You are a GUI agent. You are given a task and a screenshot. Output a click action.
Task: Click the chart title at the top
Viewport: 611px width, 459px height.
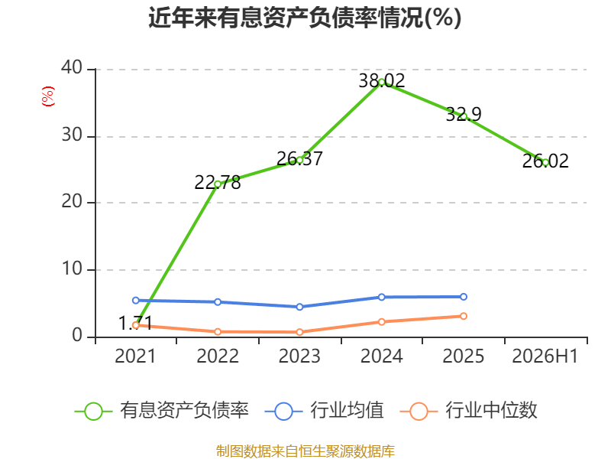coord(305,18)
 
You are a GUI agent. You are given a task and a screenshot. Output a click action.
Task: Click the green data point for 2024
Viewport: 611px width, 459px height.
coord(381,83)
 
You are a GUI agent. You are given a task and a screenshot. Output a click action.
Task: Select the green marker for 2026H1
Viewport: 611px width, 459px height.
coord(545,163)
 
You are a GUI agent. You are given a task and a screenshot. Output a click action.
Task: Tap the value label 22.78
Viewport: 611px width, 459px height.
coord(218,183)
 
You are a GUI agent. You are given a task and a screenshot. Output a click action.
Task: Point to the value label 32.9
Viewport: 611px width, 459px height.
coord(464,114)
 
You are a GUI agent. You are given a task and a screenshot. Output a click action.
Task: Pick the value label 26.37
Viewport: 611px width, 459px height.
coord(299,159)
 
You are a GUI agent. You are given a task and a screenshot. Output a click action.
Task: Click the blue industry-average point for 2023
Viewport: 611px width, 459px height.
coord(299,308)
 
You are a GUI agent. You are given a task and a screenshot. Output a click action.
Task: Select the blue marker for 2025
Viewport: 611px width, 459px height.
coord(464,297)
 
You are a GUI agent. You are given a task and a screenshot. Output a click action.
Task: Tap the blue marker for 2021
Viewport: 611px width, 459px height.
coord(136,301)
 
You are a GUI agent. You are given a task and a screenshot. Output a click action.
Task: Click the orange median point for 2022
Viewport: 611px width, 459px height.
coord(218,332)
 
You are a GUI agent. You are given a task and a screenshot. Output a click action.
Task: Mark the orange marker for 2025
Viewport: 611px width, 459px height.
coord(464,316)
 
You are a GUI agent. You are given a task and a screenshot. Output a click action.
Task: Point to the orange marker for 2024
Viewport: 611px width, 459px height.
coord(381,322)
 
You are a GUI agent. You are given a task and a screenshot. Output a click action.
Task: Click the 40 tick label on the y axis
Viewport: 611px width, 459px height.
coord(72,68)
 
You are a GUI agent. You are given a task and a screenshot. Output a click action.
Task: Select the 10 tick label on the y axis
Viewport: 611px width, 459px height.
coord(72,269)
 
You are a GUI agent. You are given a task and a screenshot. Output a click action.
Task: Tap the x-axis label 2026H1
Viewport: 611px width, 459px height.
coord(545,356)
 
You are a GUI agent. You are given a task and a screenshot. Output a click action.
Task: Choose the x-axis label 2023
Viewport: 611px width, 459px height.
coord(299,356)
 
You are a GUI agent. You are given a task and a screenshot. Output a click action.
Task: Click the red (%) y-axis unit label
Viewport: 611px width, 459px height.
coord(48,96)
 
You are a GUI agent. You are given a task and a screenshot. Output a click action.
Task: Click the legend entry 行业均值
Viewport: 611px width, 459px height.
coord(324,411)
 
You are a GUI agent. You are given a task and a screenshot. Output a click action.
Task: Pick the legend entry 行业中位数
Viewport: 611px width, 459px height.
coord(469,411)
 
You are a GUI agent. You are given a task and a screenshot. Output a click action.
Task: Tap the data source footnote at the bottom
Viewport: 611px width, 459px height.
coord(305,451)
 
